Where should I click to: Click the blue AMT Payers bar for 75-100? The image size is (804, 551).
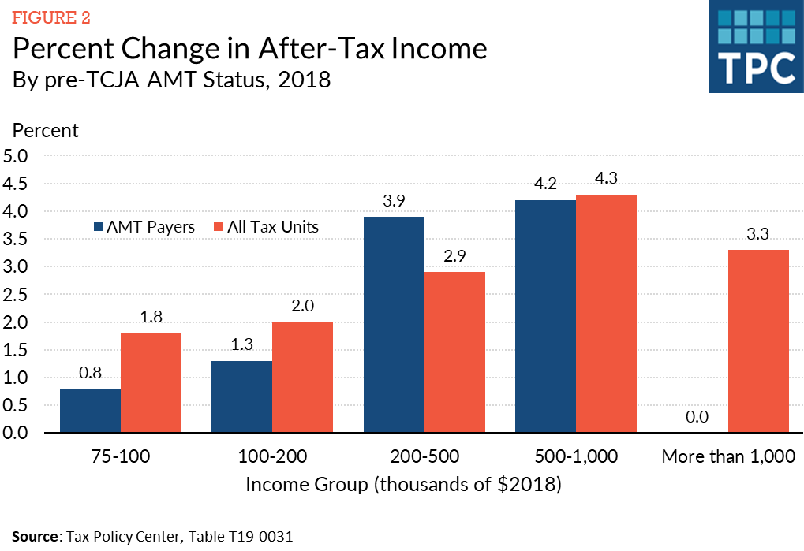tap(90, 411)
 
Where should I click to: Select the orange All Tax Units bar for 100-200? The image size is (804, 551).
tap(302, 378)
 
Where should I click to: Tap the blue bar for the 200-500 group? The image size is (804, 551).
tap(394, 325)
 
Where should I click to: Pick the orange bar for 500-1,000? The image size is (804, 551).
tap(606, 314)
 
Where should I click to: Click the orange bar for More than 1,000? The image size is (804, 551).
tap(758, 341)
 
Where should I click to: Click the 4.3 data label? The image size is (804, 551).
tap(606, 179)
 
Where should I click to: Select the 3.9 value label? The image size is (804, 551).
tap(394, 201)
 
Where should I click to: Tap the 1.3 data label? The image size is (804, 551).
tap(241, 345)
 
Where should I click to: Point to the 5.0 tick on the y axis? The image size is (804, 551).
tap(16, 156)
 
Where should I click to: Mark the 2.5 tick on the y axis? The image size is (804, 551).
tap(16, 295)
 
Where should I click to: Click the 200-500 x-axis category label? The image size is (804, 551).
tap(424, 456)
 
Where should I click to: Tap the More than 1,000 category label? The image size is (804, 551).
tap(727, 456)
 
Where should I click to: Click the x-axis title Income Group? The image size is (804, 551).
tap(402, 484)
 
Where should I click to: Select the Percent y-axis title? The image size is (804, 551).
tap(45, 130)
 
